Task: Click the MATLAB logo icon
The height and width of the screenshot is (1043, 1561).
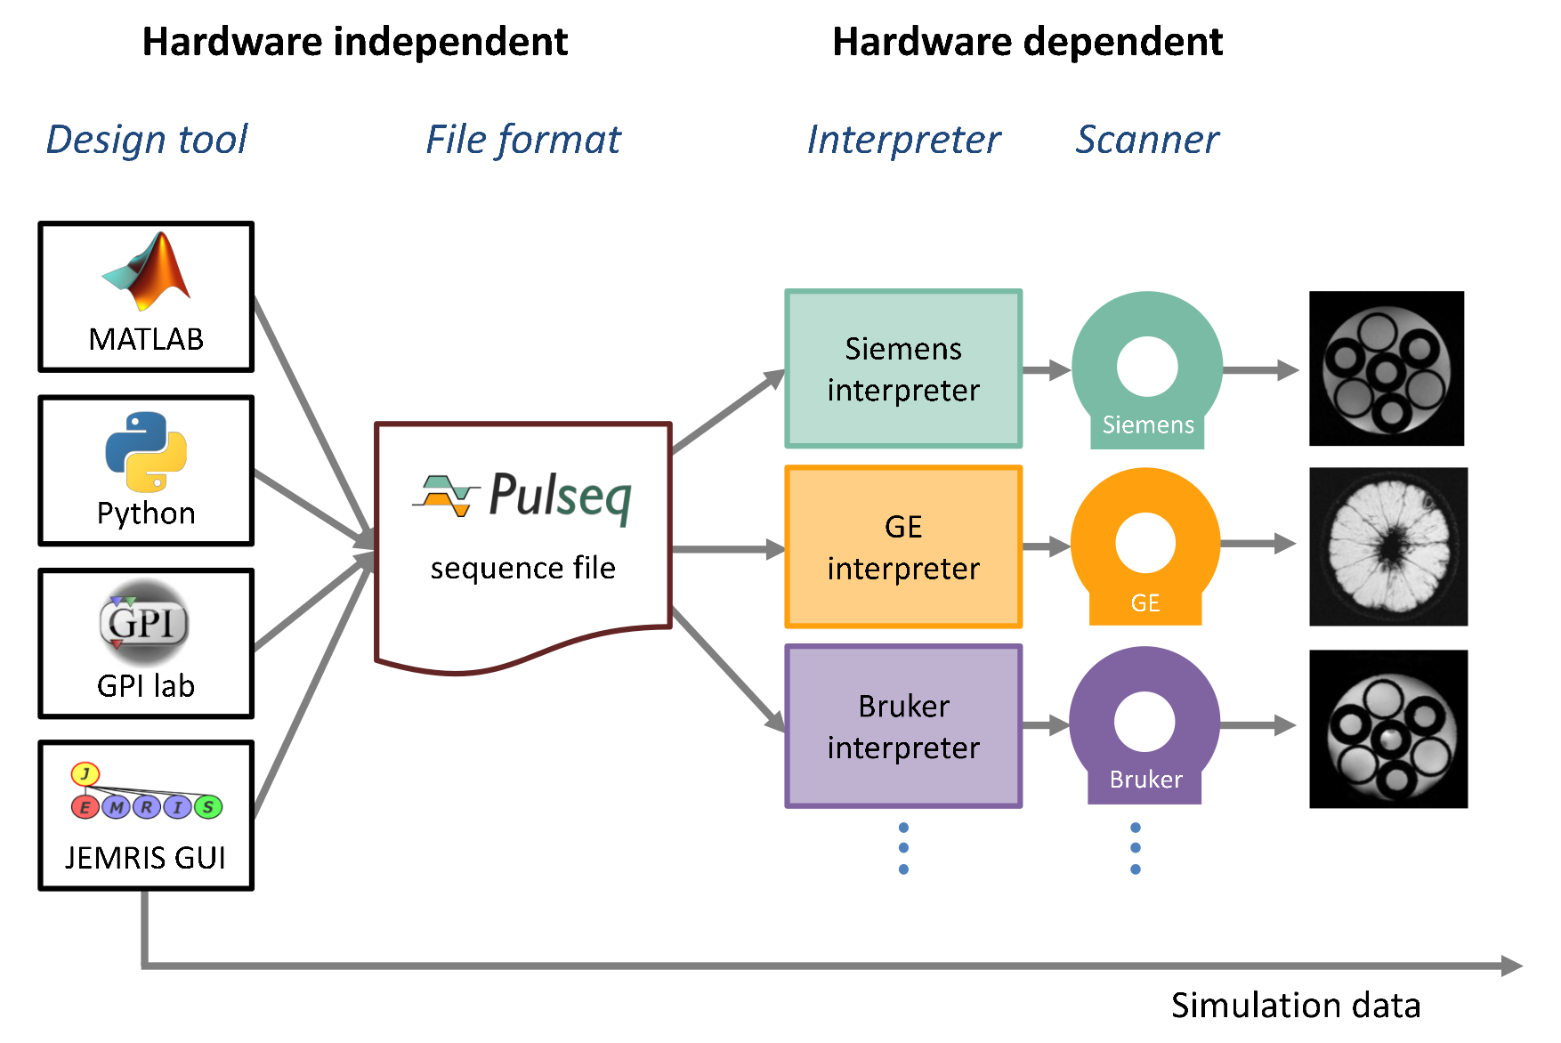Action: coord(147,271)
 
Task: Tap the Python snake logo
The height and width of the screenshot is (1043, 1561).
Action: coord(146,451)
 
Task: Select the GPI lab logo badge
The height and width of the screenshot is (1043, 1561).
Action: coord(144,622)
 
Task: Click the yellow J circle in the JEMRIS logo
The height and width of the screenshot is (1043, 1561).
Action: coord(85,773)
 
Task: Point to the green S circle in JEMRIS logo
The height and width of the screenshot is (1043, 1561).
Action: coord(208,807)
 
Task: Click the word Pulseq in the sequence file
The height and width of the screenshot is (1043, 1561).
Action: coord(560,496)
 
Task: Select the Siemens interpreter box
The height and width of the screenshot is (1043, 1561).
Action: coord(903,369)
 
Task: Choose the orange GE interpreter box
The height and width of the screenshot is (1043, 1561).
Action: coord(903,547)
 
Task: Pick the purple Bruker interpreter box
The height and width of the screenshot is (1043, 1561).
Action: coord(903,726)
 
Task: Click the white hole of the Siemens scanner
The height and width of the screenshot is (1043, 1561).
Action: coord(1147,367)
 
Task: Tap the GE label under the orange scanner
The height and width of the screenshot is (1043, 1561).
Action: coord(1145,603)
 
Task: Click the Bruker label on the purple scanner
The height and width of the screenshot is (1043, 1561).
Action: coord(1145,780)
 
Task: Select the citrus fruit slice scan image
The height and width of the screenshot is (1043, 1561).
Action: coord(1388,546)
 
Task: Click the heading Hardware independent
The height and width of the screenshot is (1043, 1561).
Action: coord(355,42)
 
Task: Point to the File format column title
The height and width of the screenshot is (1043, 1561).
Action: coord(522,140)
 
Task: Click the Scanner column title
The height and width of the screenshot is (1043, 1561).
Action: coord(1147,140)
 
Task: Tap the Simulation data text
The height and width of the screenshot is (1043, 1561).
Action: coord(1295,1006)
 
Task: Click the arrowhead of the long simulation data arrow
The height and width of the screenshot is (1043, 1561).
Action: coord(1512,966)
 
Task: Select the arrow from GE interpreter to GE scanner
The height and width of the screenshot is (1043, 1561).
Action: coord(1047,546)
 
